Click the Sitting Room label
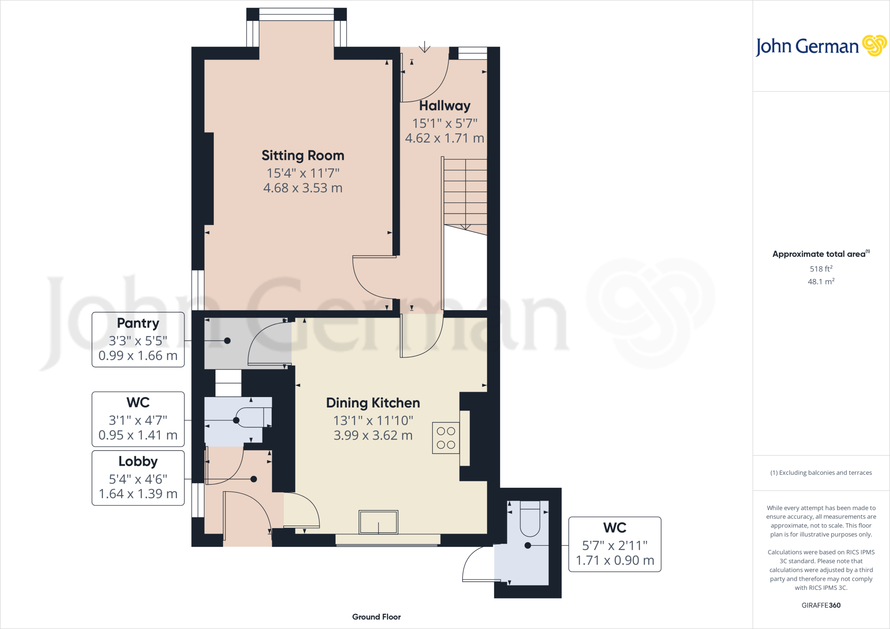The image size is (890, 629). click(x=303, y=156)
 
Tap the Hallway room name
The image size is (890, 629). click(x=445, y=106)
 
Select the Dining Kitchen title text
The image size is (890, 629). click(x=373, y=403)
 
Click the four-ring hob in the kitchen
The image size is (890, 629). click(x=446, y=438)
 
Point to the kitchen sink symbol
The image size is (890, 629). click(x=378, y=522)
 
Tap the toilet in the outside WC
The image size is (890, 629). click(x=530, y=519)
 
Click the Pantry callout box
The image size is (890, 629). click(x=138, y=340)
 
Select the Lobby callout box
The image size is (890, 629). click(x=138, y=478)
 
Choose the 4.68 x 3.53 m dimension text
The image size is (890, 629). click(x=303, y=188)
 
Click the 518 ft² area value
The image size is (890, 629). click(x=821, y=269)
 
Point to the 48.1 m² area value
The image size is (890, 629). click(x=821, y=281)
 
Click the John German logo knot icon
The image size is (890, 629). click(x=874, y=46)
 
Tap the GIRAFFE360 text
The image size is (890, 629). click(x=821, y=605)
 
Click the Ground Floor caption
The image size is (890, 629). click(x=376, y=617)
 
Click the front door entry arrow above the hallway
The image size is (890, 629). click(x=425, y=47)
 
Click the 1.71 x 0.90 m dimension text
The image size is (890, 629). click(x=614, y=560)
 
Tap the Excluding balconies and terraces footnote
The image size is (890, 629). click(x=821, y=473)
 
